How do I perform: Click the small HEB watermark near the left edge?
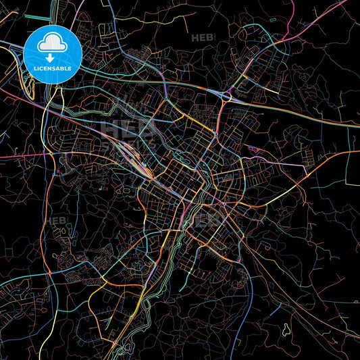tap(55, 221)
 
